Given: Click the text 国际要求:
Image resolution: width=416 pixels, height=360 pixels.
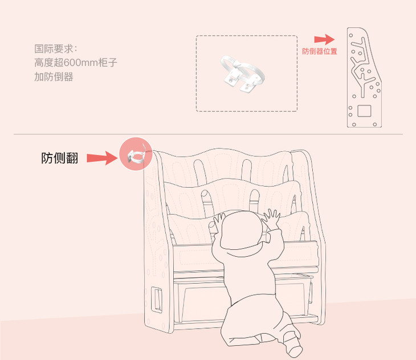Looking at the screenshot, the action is [x=55, y=49].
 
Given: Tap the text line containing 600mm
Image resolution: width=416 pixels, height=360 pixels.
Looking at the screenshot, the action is [x=76, y=63].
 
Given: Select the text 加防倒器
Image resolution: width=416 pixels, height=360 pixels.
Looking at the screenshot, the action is [x=54, y=77].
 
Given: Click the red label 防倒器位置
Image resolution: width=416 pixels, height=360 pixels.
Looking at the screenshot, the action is [x=320, y=51].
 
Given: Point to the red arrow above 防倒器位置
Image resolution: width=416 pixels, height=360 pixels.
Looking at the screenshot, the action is [x=324, y=39].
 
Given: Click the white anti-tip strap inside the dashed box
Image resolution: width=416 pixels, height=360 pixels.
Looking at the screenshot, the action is [x=243, y=73].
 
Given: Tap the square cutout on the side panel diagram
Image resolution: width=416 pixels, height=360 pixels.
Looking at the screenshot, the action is [x=364, y=111].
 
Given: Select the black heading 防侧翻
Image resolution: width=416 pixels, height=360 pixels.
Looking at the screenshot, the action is [x=60, y=158].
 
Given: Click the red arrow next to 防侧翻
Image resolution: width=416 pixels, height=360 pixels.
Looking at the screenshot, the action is [x=102, y=158].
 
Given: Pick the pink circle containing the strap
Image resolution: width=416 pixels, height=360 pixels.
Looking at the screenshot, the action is [x=136, y=154].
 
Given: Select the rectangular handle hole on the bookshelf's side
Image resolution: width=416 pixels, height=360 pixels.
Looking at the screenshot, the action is [x=157, y=300].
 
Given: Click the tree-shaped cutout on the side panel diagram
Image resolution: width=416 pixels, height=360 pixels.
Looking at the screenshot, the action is [x=362, y=66].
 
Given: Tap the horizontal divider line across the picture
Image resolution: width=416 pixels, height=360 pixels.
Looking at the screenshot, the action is [x=208, y=134].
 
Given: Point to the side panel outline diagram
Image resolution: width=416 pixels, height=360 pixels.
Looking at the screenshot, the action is [x=364, y=78].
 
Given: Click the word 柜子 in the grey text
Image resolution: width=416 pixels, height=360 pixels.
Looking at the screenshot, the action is [x=108, y=63].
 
